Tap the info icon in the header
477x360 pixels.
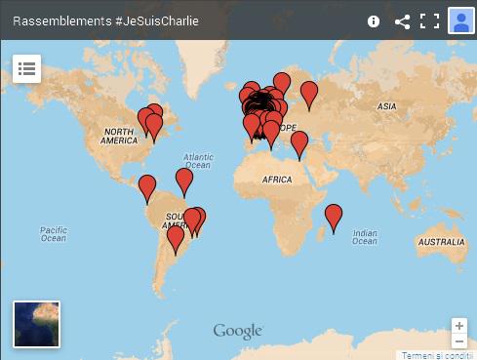pos(374,21)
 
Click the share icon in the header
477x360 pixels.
pos(402,21)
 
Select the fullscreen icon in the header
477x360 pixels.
pos(430,21)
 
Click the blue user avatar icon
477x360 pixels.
pos(460,20)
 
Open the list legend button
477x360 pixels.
pos(26,68)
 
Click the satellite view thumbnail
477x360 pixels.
pos(36,324)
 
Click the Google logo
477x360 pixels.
pos(238,331)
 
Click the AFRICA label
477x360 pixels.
pos(278,180)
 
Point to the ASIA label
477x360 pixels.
pos(387,105)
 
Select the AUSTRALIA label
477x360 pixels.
pos(440,241)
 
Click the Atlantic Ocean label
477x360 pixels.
pos(199,160)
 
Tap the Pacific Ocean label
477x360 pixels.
pos(53,233)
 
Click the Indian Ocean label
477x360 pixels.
pos(364,237)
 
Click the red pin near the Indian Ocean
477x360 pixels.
pos(334,216)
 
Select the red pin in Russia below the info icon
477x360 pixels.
pos(309,94)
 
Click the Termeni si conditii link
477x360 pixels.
pos(439,355)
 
